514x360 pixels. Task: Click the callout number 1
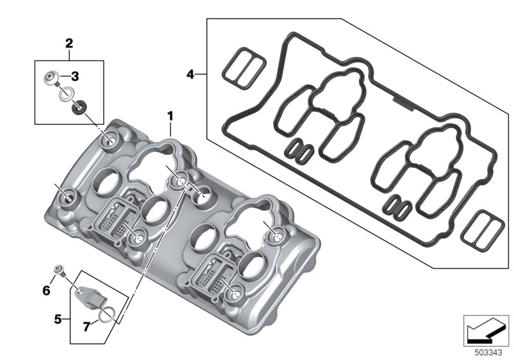(x=170, y=116)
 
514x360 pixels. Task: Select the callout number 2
(x=69, y=43)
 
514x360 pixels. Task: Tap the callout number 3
(x=75, y=76)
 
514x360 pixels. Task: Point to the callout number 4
(x=190, y=75)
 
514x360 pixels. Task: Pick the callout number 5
(x=58, y=319)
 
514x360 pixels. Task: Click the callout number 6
(x=46, y=290)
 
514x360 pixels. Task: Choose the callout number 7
(x=86, y=327)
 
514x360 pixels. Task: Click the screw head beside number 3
(x=51, y=78)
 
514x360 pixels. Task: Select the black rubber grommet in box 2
(x=78, y=107)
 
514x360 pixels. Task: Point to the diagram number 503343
(x=488, y=353)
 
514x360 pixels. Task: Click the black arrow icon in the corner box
(x=485, y=330)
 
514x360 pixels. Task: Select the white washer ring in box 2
(x=66, y=93)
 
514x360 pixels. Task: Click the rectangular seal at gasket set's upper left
(x=244, y=68)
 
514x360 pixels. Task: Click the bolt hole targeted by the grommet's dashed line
(x=109, y=141)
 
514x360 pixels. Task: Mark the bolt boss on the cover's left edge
(x=68, y=198)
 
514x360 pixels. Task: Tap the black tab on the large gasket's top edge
(x=403, y=103)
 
